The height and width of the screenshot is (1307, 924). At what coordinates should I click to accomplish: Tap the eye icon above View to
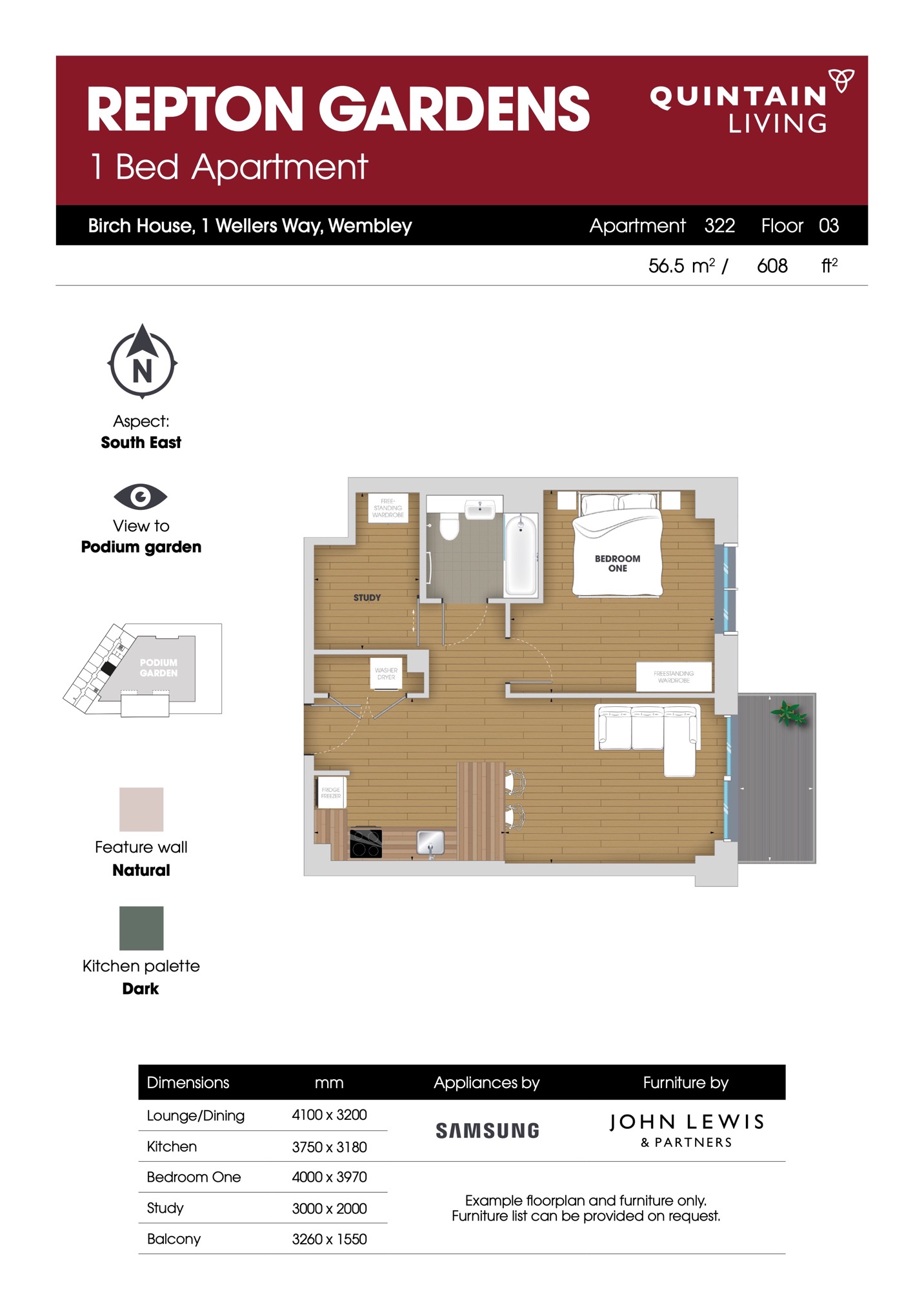[141, 496]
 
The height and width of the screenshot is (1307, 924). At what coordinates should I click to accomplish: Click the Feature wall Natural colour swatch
[141, 809]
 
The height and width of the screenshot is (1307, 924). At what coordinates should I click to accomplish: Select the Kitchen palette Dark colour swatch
[141, 928]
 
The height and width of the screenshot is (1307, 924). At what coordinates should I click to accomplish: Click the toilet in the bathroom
[449, 525]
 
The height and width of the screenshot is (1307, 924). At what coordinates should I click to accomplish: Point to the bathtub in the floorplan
[520, 555]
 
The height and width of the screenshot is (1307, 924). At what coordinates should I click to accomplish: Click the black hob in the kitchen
[366, 843]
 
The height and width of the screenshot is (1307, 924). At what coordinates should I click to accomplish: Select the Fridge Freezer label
[331, 793]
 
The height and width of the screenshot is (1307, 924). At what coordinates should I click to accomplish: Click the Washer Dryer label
[387, 674]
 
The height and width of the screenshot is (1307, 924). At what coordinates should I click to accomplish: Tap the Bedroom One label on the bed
[618, 563]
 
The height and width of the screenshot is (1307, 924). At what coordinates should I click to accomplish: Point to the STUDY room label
[367, 598]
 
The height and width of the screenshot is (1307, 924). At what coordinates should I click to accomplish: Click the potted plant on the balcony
[788, 713]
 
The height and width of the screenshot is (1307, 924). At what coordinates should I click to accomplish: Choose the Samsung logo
[487, 1130]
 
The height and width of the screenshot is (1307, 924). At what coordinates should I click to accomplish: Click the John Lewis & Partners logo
[687, 1130]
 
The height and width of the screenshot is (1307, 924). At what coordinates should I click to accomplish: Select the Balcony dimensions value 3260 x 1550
[329, 1239]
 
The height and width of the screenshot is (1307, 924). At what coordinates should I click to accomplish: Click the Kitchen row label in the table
[172, 1146]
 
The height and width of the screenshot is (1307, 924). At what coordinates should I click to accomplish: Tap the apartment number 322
[719, 225]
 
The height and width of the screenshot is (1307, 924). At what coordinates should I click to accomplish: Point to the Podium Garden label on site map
[159, 667]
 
